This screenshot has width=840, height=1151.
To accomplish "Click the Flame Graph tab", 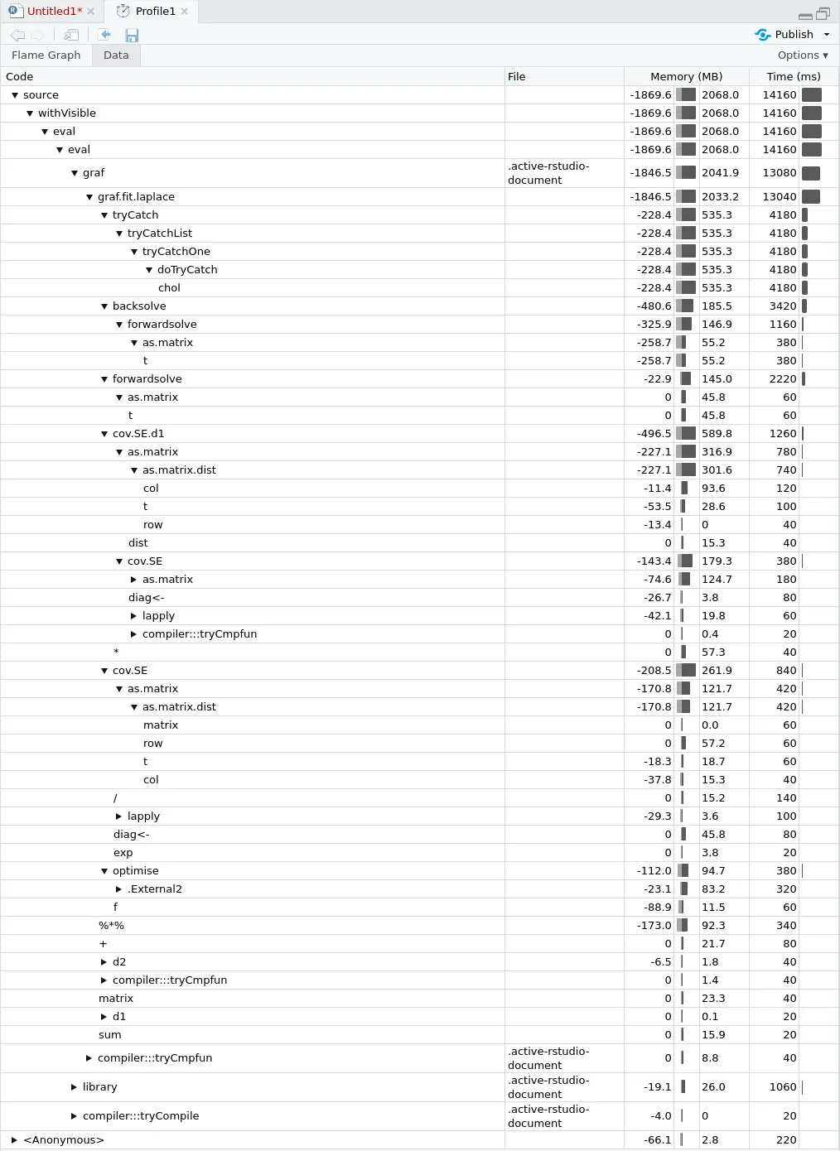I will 46,55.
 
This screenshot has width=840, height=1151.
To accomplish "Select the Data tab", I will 116,55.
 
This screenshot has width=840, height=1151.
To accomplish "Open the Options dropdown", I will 802,55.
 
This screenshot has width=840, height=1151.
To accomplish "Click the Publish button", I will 793,35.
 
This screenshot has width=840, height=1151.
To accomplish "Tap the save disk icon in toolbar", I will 132,35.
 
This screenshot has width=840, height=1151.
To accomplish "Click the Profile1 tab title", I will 155,12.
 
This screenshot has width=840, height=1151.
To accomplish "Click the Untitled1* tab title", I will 54,12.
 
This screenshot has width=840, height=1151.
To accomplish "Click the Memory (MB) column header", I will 686,76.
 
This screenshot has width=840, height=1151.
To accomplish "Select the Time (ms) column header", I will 793,76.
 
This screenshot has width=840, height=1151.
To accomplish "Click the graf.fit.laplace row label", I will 136,197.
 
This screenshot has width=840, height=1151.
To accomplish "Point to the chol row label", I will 169,288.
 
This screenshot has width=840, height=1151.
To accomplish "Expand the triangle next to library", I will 74,1087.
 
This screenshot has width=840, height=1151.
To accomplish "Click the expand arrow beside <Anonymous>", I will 14,1140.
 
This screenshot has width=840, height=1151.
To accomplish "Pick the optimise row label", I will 135,871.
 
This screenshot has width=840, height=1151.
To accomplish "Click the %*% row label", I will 111,926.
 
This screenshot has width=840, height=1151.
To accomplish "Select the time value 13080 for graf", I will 779,173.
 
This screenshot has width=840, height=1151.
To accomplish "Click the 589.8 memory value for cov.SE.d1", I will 717,434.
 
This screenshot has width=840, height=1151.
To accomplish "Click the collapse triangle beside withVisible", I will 30,113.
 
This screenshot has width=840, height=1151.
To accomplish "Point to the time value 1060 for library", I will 782,1087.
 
